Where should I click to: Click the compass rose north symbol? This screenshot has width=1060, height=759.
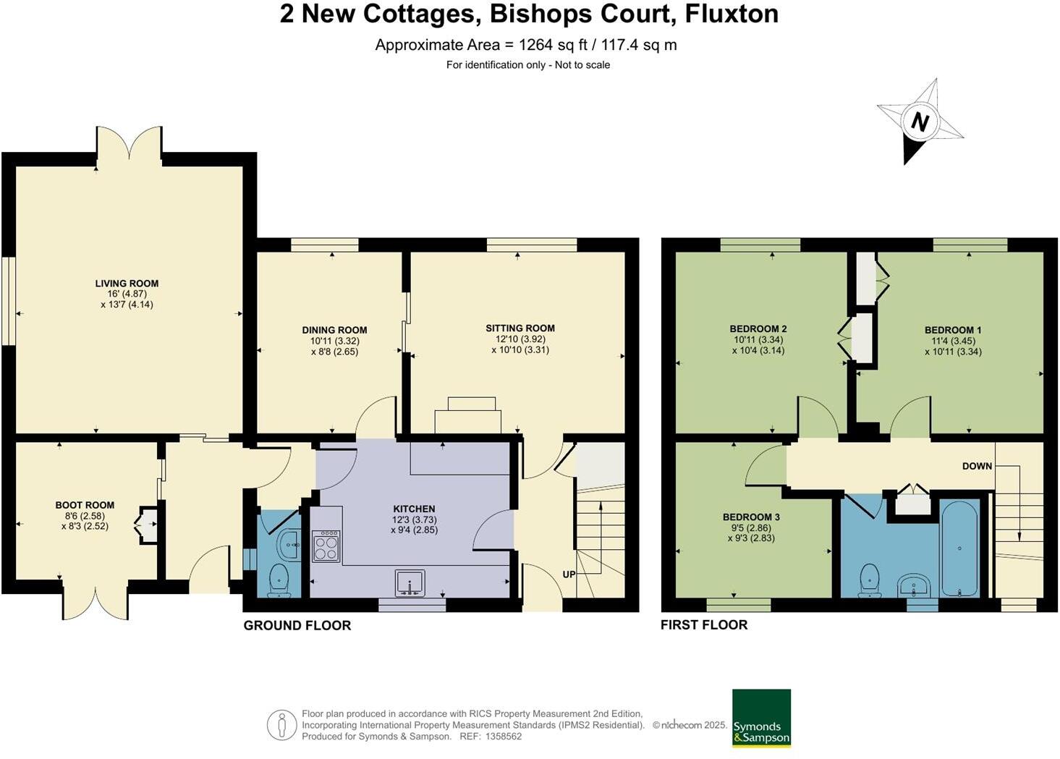pyautogui.click(x=920, y=122)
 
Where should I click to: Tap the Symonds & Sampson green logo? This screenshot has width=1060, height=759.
pyautogui.click(x=761, y=718)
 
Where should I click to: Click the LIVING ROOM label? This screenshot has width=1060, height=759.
pyautogui.click(x=127, y=284)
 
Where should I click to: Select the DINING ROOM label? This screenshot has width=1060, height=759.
pyautogui.click(x=334, y=330)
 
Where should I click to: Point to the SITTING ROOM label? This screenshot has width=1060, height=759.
pyautogui.click(x=520, y=328)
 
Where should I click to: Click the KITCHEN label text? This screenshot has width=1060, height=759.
pyautogui.click(x=414, y=509)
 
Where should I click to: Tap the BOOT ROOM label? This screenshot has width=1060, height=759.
pyautogui.click(x=85, y=505)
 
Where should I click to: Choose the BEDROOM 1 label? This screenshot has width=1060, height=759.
pyautogui.click(x=952, y=330)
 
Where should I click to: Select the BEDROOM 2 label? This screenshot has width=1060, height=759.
pyautogui.click(x=758, y=328)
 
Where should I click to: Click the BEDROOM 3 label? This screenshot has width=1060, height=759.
pyautogui.click(x=751, y=517)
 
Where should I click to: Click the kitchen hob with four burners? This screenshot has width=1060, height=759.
pyautogui.click(x=326, y=546)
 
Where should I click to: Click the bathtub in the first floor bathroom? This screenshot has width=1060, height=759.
pyautogui.click(x=959, y=548)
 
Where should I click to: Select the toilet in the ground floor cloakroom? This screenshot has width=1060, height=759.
pyautogui.click(x=279, y=581)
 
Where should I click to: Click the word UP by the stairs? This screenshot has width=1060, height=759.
pyautogui.click(x=569, y=574)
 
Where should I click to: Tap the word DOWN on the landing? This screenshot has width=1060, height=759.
pyautogui.click(x=977, y=466)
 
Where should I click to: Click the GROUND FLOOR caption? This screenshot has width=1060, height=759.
pyautogui.click(x=297, y=626)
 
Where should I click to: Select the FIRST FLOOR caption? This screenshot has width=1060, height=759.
pyautogui.click(x=703, y=625)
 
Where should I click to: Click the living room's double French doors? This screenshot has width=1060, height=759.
pyautogui.click(x=129, y=143)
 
